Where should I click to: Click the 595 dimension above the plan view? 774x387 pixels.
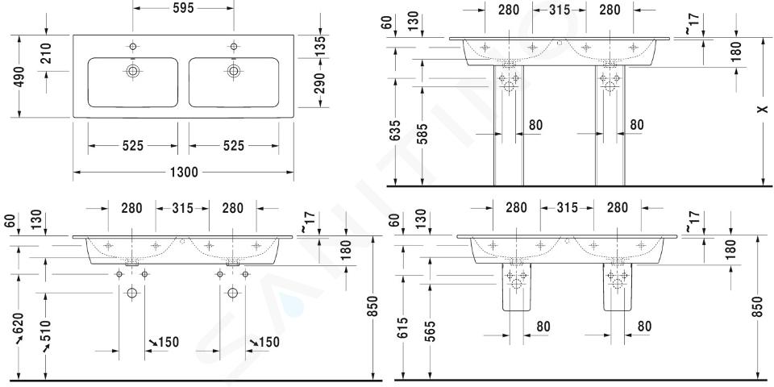(x=183, y=8)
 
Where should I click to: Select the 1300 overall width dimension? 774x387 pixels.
(x=184, y=173)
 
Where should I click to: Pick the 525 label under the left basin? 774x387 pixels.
(x=133, y=146)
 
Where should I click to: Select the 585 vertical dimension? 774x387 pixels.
(x=422, y=133)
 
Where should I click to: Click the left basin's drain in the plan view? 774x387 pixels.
(x=132, y=71)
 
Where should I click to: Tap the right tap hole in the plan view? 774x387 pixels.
(x=234, y=47)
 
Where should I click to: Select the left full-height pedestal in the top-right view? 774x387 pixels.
(x=509, y=126)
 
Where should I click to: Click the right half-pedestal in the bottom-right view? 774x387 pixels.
(x=617, y=287)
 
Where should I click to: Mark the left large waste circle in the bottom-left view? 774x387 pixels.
(x=131, y=293)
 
